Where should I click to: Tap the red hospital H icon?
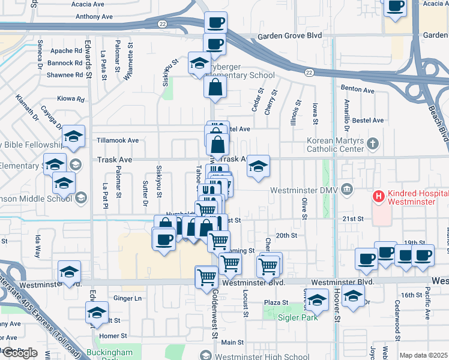[x=378, y=196]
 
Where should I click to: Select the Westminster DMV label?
[x=305, y=190]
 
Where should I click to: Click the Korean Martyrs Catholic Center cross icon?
[x=373, y=143]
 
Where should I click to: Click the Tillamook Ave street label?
[x=118, y=140]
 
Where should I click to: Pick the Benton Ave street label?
[x=357, y=90]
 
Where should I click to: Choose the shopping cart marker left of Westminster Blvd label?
[x=207, y=277]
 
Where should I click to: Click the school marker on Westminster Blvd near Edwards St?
[x=69, y=271]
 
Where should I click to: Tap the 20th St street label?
[x=286, y=235]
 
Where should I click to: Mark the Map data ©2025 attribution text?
[x=424, y=355]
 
